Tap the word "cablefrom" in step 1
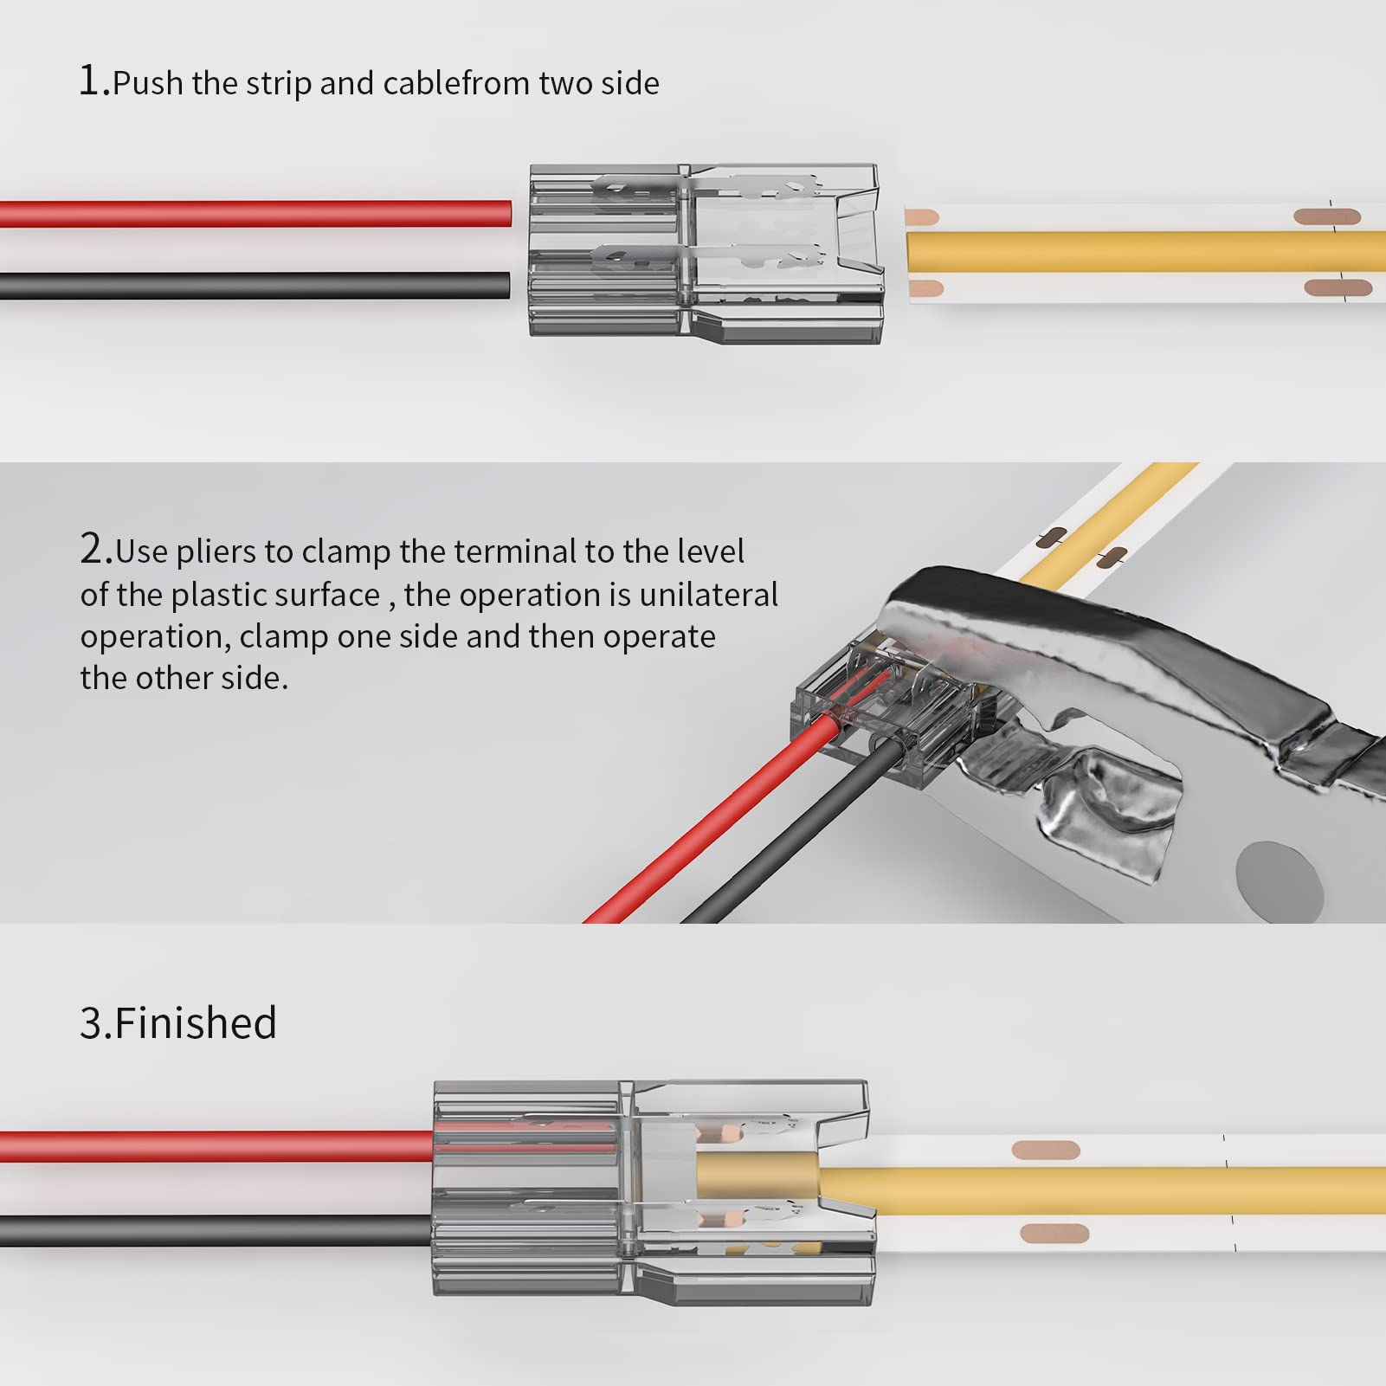456,83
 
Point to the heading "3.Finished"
177,1022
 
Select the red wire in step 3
216,1146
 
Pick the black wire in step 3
216,1230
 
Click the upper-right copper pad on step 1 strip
1326,216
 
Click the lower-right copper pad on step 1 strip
1337,288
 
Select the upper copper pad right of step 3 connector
1046,1150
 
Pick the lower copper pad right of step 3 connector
1054,1232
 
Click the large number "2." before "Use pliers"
96,549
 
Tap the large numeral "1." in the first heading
94,81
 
